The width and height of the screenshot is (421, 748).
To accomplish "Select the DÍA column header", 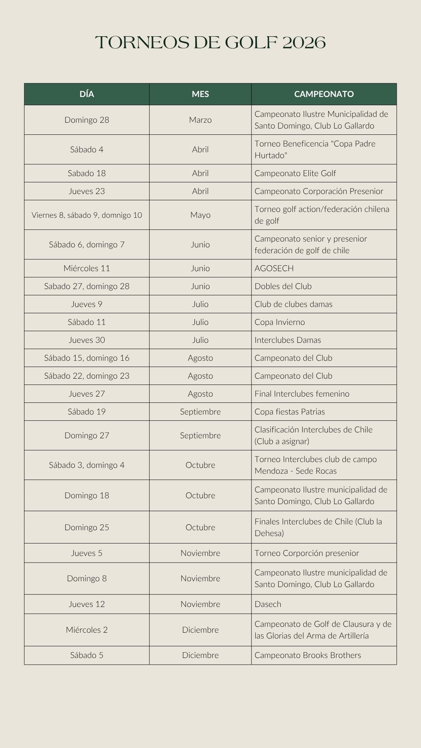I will (x=87, y=94).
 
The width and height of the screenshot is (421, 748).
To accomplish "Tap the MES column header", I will (x=200, y=94).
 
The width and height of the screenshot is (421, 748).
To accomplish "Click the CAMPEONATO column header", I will (x=324, y=94).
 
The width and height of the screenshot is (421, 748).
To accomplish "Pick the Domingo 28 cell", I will (x=87, y=120).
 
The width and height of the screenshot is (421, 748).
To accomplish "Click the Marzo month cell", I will (x=200, y=120).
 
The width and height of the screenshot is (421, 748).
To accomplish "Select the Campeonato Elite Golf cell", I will (x=295, y=173).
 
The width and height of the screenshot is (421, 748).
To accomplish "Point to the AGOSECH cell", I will (x=274, y=268).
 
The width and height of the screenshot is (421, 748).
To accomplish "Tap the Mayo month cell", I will (x=200, y=215).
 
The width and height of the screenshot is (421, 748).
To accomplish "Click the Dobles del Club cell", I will (x=283, y=286).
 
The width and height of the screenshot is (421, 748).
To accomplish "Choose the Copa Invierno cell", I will (x=279, y=322).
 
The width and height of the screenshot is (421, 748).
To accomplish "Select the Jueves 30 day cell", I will (x=87, y=340).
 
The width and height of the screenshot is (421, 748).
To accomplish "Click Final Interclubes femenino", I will (x=302, y=394).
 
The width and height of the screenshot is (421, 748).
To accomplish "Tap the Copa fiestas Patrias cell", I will (x=289, y=412).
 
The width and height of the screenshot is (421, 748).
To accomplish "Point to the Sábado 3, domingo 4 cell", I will (x=87, y=465).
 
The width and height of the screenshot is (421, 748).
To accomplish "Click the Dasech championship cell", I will (x=268, y=604).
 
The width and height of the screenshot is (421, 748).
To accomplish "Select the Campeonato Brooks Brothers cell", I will (x=308, y=655).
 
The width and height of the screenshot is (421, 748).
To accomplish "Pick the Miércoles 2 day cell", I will (x=87, y=630).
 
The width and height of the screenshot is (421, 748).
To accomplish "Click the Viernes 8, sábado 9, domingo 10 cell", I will (x=87, y=215).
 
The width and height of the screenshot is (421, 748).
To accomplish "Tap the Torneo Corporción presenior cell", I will (x=306, y=553).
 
